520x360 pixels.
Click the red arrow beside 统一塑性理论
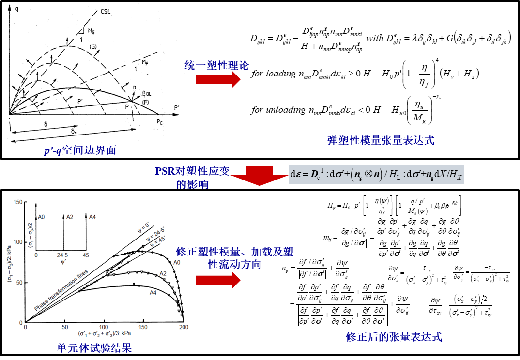pos(218,79)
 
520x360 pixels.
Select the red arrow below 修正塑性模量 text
pos(218,280)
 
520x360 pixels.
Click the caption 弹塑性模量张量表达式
pos(381,141)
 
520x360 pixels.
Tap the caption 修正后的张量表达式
pos(394,337)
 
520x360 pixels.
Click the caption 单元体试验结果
pos(94,348)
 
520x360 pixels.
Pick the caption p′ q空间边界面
pos(79,151)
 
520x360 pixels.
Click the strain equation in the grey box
pos(376,173)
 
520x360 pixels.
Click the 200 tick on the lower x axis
pos(184,328)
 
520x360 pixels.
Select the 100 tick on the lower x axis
pos(104,328)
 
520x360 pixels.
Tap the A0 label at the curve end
pos(177,262)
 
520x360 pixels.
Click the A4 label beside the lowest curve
pos(153,292)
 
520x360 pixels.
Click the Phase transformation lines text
pos(61,290)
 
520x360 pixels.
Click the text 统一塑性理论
pos(217,65)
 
